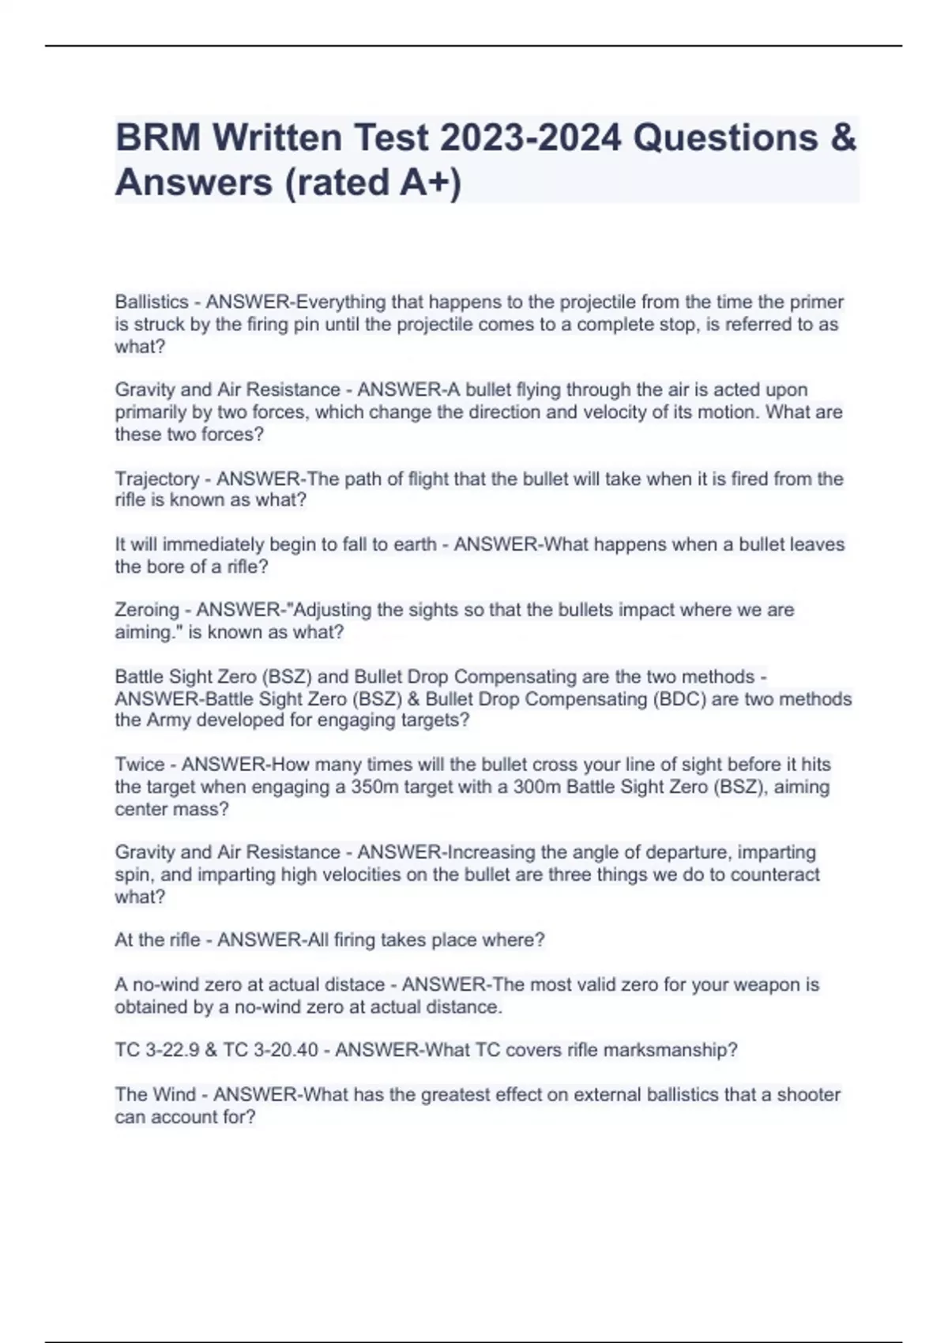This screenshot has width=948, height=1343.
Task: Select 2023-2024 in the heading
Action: click(x=531, y=137)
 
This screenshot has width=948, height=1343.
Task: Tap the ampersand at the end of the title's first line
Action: click(x=844, y=137)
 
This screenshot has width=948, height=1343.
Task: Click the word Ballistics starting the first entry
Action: click(x=152, y=302)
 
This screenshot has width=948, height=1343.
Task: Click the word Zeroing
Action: click(x=147, y=610)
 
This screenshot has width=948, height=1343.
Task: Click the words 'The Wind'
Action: click(x=155, y=1095)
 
